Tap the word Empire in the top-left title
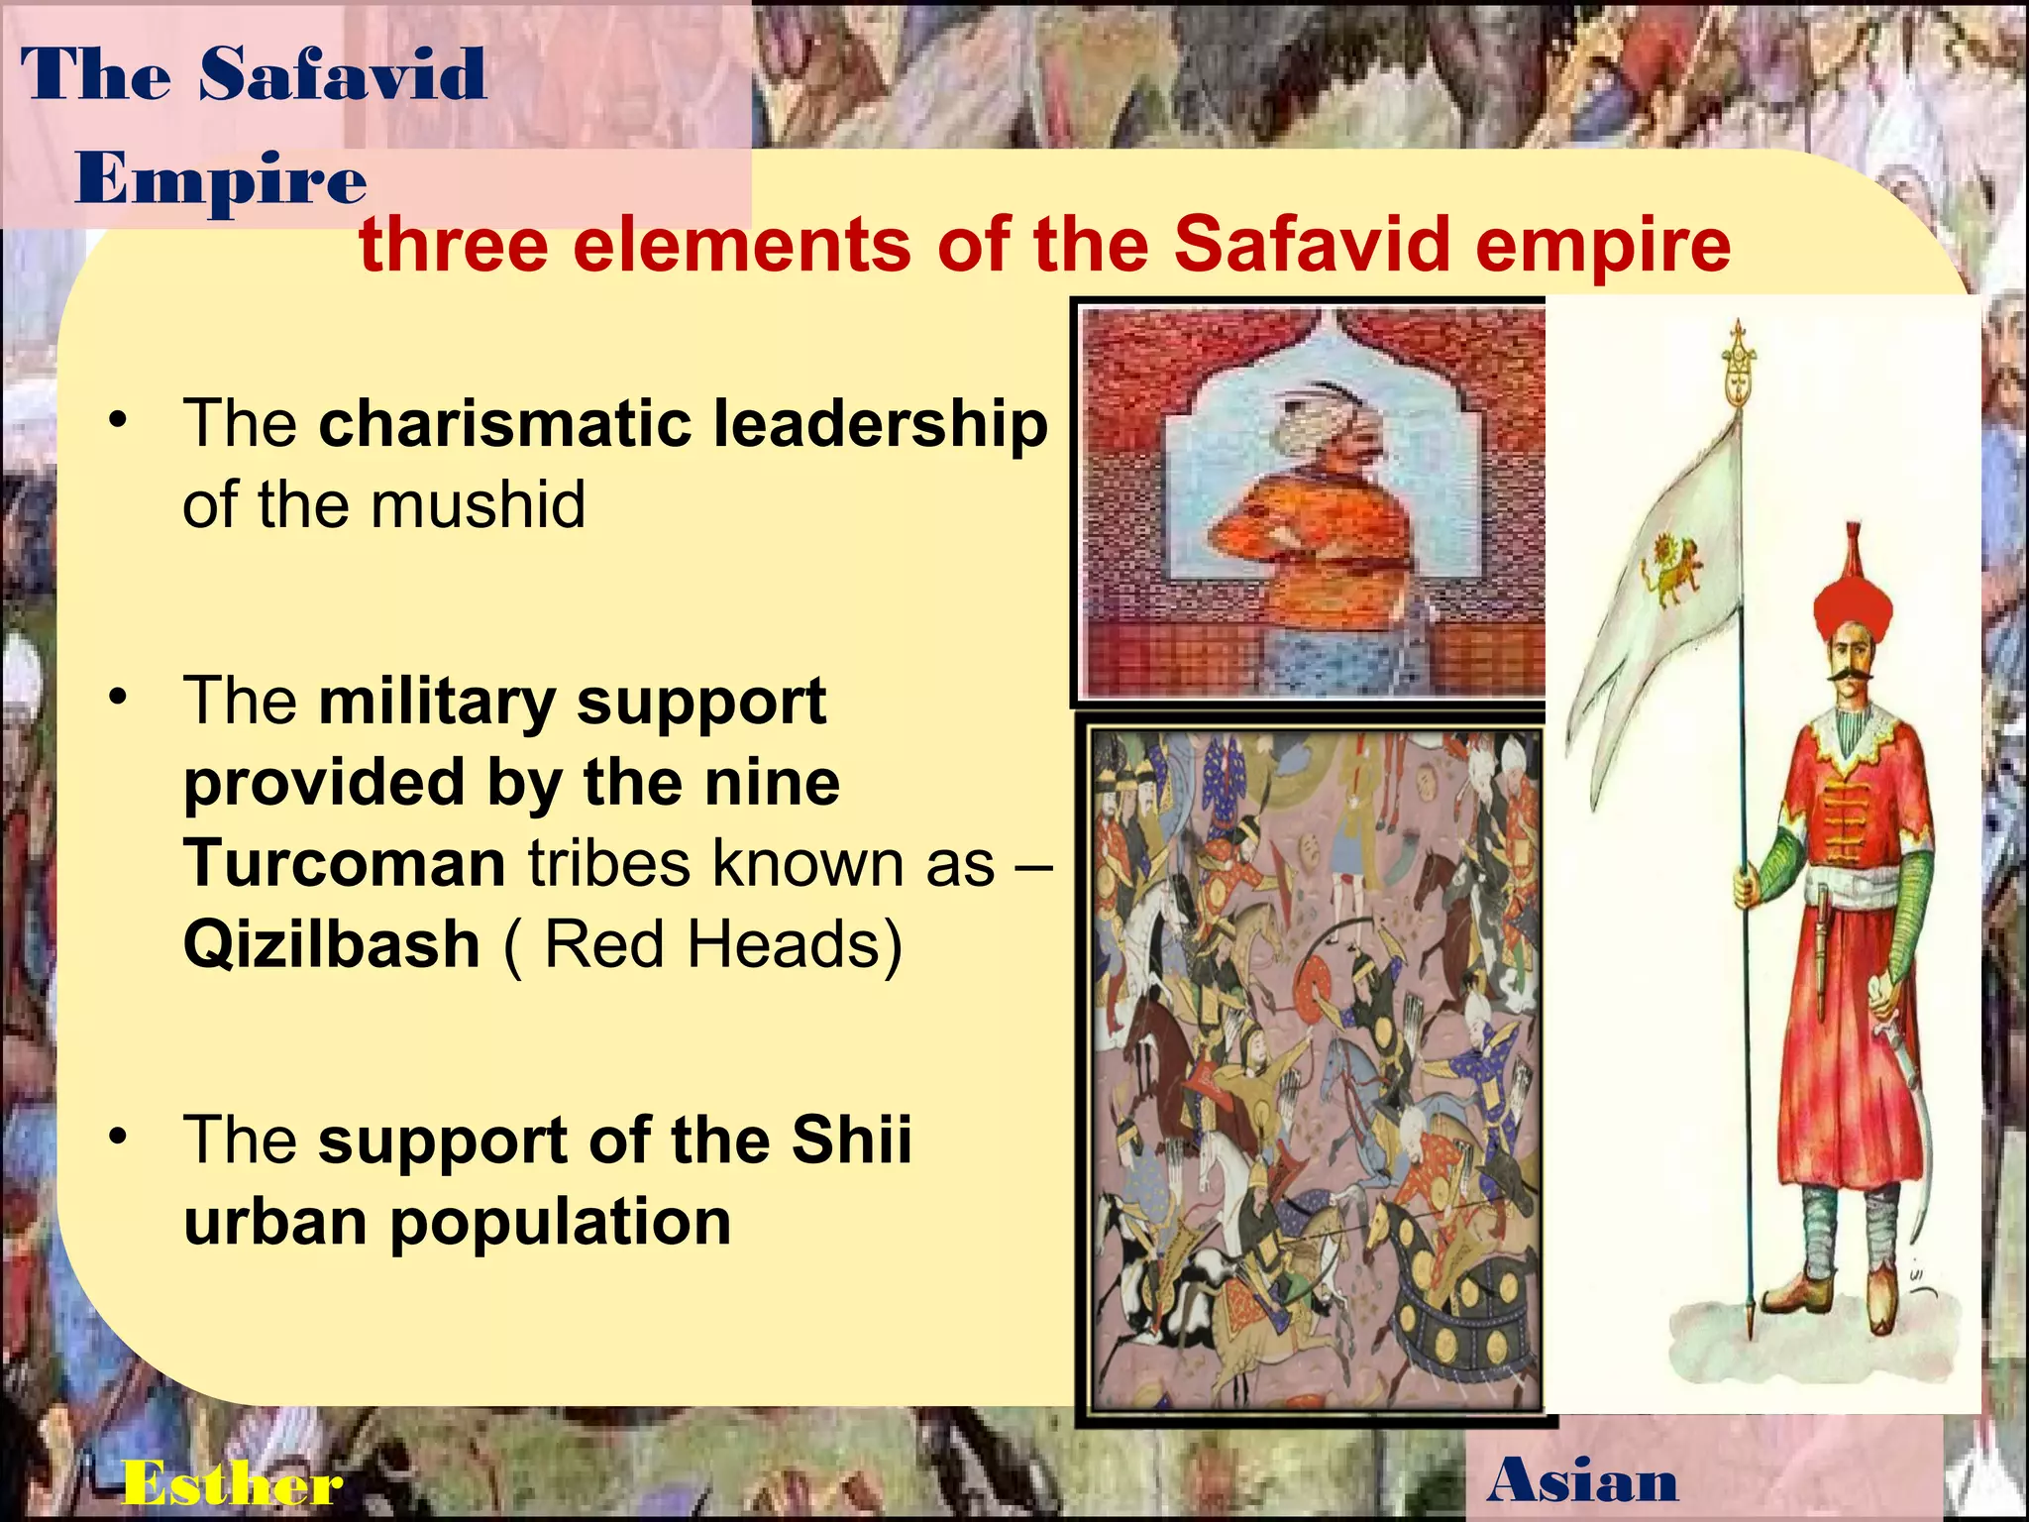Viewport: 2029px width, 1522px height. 221,180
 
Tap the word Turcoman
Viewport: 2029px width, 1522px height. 345,863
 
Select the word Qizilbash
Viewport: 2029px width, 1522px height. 332,944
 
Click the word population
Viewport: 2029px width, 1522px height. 560,1222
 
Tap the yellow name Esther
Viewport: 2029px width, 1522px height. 232,1483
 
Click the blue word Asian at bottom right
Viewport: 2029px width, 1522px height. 1582,1480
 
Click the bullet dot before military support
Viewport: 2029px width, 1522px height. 119,698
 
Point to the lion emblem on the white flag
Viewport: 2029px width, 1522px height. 1673,569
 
